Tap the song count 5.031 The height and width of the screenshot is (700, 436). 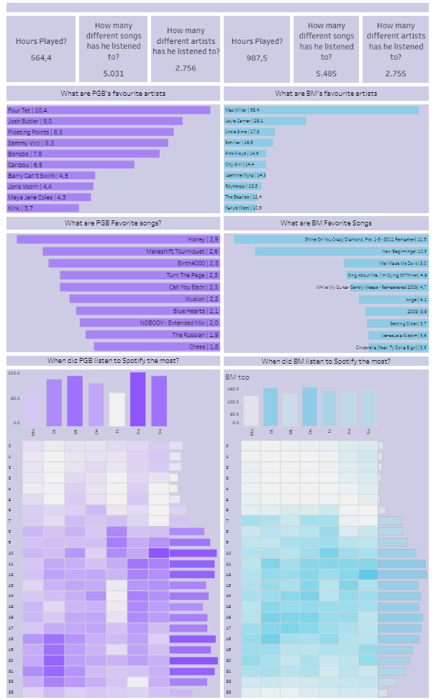pos(114,73)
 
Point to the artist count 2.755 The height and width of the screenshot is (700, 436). pos(396,73)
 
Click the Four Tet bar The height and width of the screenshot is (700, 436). pos(109,110)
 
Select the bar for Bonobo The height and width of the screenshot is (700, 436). pos(83,153)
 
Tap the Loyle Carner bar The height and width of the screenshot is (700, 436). pos(265,121)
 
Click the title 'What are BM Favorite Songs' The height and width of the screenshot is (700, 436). pos(326,223)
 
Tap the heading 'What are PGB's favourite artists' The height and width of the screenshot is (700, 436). pos(112,94)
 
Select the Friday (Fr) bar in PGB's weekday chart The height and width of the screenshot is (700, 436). pos(117,409)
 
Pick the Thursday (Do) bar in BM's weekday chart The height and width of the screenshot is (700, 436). pos(309,407)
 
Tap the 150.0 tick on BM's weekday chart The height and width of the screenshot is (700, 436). pos(233,388)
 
